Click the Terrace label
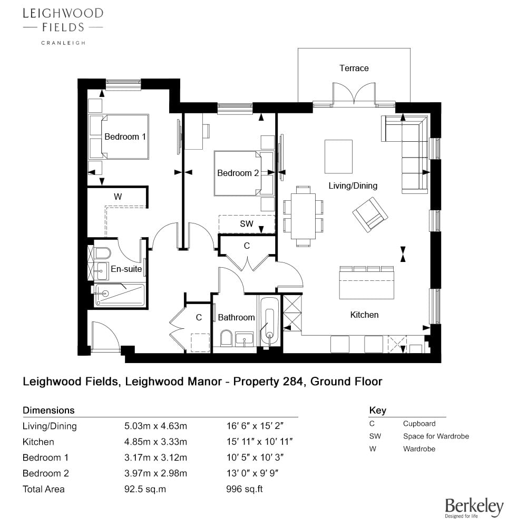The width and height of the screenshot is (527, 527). (x=354, y=68)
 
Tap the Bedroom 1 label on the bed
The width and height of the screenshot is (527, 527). (x=125, y=137)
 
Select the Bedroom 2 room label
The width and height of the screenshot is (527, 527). (x=238, y=173)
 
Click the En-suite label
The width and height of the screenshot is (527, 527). (x=126, y=269)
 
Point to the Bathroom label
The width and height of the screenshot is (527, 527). (x=236, y=317)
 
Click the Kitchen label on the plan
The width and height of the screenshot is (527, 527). (x=364, y=315)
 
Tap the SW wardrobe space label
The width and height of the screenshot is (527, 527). (x=246, y=224)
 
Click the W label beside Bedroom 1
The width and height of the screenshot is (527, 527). (x=118, y=197)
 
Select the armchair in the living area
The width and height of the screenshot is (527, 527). (x=370, y=214)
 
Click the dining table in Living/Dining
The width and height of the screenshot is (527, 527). (x=303, y=216)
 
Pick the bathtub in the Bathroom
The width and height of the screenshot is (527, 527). (x=269, y=321)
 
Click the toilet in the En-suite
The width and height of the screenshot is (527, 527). (x=102, y=253)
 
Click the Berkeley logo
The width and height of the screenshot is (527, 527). (x=474, y=507)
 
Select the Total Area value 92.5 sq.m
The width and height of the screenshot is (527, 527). (x=145, y=489)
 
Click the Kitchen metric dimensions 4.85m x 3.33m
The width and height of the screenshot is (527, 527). (x=155, y=442)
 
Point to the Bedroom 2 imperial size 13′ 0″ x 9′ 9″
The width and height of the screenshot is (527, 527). (x=252, y=473)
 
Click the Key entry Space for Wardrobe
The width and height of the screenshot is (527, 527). (x=436, y=436)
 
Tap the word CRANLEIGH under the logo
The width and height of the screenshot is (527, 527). (x=63, y=43)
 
